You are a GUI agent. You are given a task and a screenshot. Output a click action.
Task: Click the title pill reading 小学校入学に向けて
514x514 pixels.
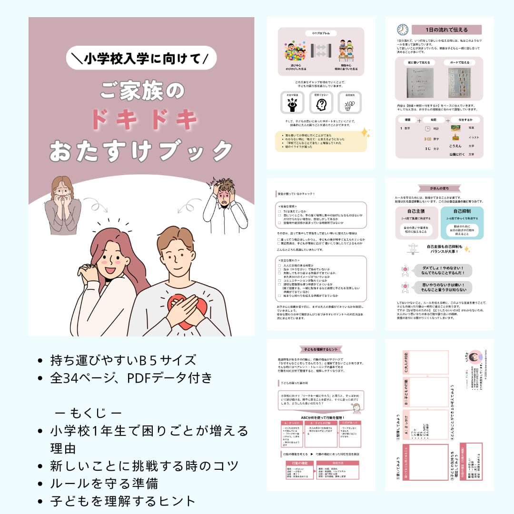click(x=141, y=59)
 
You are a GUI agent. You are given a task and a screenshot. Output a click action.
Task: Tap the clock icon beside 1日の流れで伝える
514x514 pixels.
click(x=403, y=30)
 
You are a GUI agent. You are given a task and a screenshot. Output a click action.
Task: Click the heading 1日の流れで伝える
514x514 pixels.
click(x=446, y=30)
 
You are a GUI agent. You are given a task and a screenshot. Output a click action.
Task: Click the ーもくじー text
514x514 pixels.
click(x=88, y=412)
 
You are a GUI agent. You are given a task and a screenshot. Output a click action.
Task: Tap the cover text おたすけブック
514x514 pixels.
click(x=141, y=151)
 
